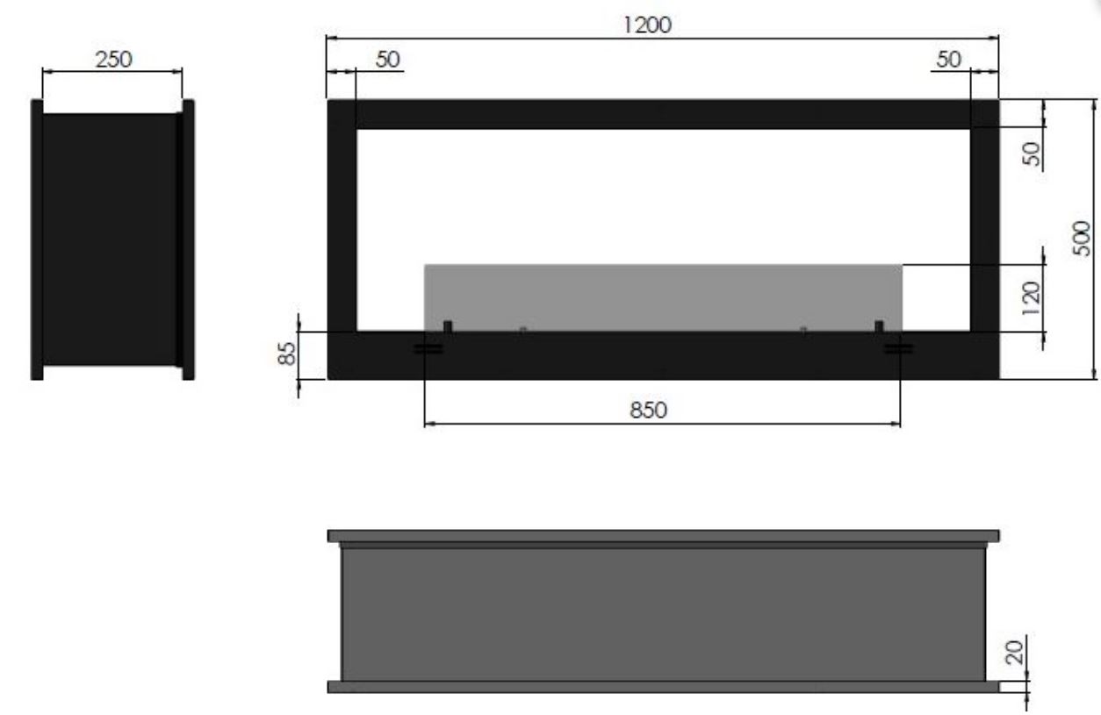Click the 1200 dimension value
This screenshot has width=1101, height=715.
click(647, 25)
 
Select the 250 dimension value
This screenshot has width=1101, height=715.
click(113, 60)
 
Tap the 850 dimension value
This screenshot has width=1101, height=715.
click(648, 410)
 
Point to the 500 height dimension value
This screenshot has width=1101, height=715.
click(1082, 238)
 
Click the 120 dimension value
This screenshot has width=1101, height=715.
click(1032, 298)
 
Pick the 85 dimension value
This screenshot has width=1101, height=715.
click(287, 354)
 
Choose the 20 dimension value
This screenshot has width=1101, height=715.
click(1014, 653)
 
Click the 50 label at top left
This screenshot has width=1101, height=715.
click(388, 60)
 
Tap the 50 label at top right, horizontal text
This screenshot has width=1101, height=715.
click(948, 60)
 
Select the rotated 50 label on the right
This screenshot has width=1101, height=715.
click(1032, 154)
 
